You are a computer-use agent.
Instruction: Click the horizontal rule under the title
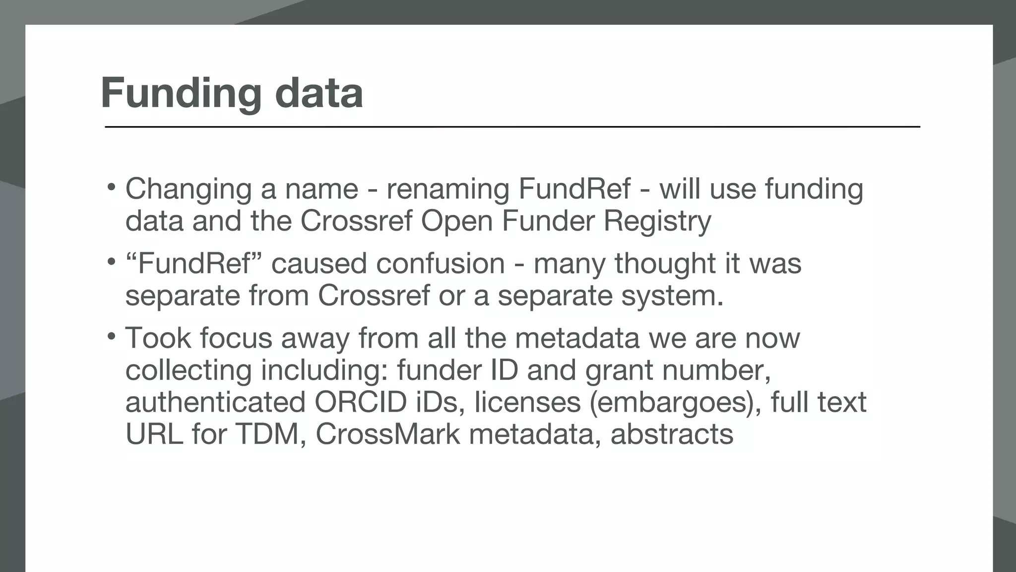[x=512, y=127]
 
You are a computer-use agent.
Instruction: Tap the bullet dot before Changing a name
[x=112, y=188]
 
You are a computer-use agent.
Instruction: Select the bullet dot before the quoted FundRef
[x=112, y=262]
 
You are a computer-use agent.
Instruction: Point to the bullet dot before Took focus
[x=112, y=337]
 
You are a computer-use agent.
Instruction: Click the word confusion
[x=440, y=263]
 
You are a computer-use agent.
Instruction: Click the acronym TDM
[x=270, y=434]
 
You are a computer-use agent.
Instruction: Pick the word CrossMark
[x=387, y=434]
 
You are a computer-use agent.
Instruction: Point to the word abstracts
[x=671, y=434]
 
